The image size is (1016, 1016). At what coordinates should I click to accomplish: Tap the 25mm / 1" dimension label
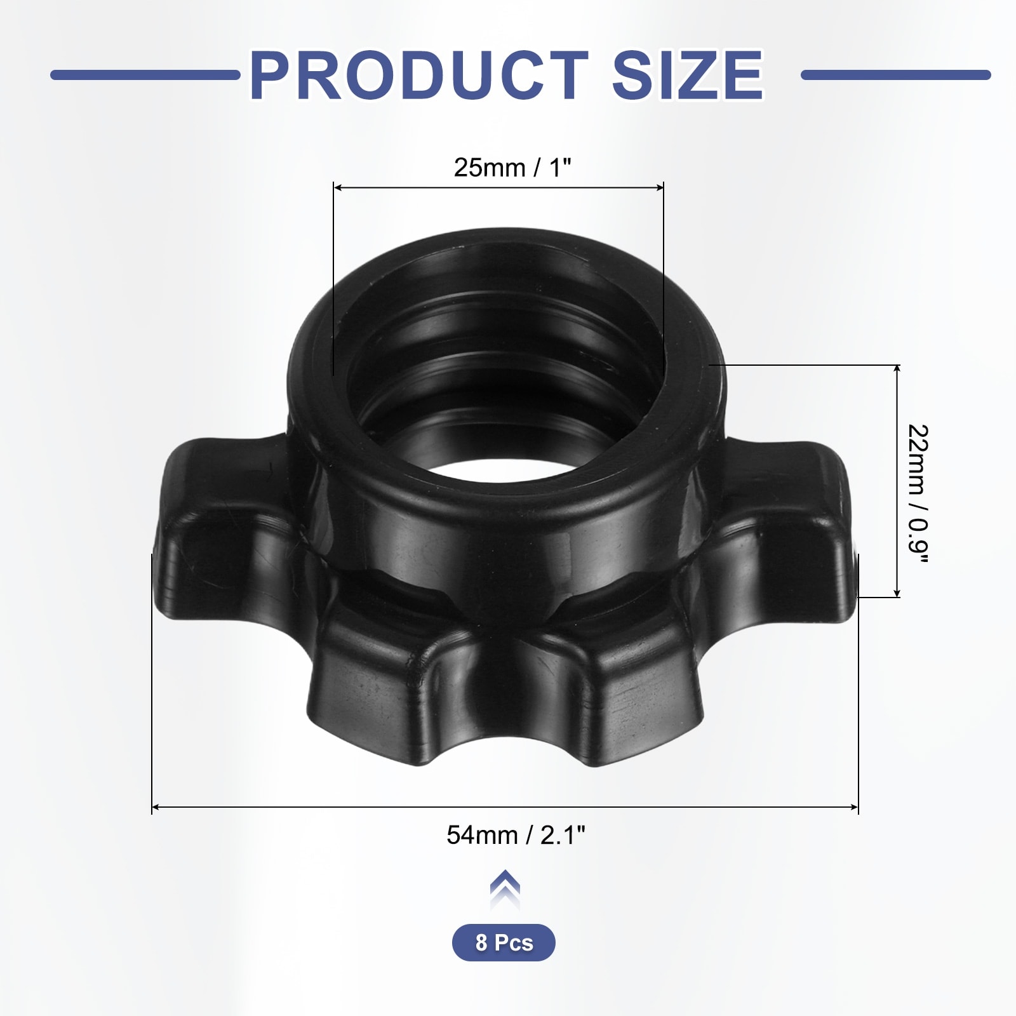tap(512, 168)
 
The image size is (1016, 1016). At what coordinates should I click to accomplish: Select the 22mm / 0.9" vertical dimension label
tap(918, 493)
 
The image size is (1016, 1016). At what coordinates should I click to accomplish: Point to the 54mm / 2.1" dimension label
tap(516, 835)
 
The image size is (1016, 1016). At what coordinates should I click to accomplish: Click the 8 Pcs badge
tap(504, 942)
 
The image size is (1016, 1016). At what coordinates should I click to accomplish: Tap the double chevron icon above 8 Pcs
tap(505, 888)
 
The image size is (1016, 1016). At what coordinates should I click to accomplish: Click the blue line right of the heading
tap(895, 75)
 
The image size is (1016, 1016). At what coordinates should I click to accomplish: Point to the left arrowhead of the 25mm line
tap(337, 187)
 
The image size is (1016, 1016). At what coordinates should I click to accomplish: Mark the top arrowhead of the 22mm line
tap(897, 369)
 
